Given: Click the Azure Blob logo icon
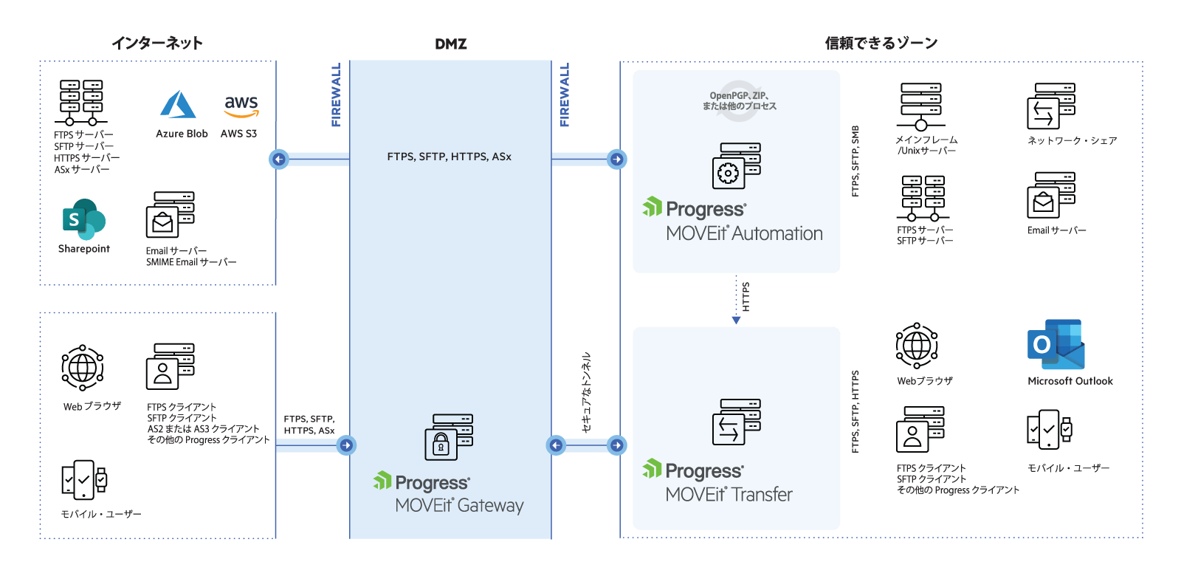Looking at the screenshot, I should click(178, 105).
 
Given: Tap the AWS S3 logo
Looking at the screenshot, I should click(241, 106).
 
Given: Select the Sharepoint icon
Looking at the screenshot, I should click(83, 219).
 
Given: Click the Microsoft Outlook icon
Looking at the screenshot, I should click(1056, 345).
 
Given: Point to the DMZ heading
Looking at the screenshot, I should click(450, 44).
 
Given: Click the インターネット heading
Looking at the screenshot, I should click(157, 44).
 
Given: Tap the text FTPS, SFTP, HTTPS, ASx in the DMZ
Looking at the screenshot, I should click(449, 157).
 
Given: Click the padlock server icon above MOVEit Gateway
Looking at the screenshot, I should click(449, 437).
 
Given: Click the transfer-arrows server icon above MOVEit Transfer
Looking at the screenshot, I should click(736, 422).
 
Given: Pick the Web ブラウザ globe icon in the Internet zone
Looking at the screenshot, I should click(82, 367).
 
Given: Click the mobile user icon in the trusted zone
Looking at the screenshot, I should click(1049, 429).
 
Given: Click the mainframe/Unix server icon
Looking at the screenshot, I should click(920, 106).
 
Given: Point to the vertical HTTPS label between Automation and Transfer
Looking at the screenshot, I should click(746, 297).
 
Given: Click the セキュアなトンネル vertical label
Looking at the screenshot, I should click(586, 392).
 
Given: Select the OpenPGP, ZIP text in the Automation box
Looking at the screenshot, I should click(739, 96).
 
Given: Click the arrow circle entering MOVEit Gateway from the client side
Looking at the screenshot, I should click(346, 445).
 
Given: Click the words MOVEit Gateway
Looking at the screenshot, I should click(459, 506).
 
